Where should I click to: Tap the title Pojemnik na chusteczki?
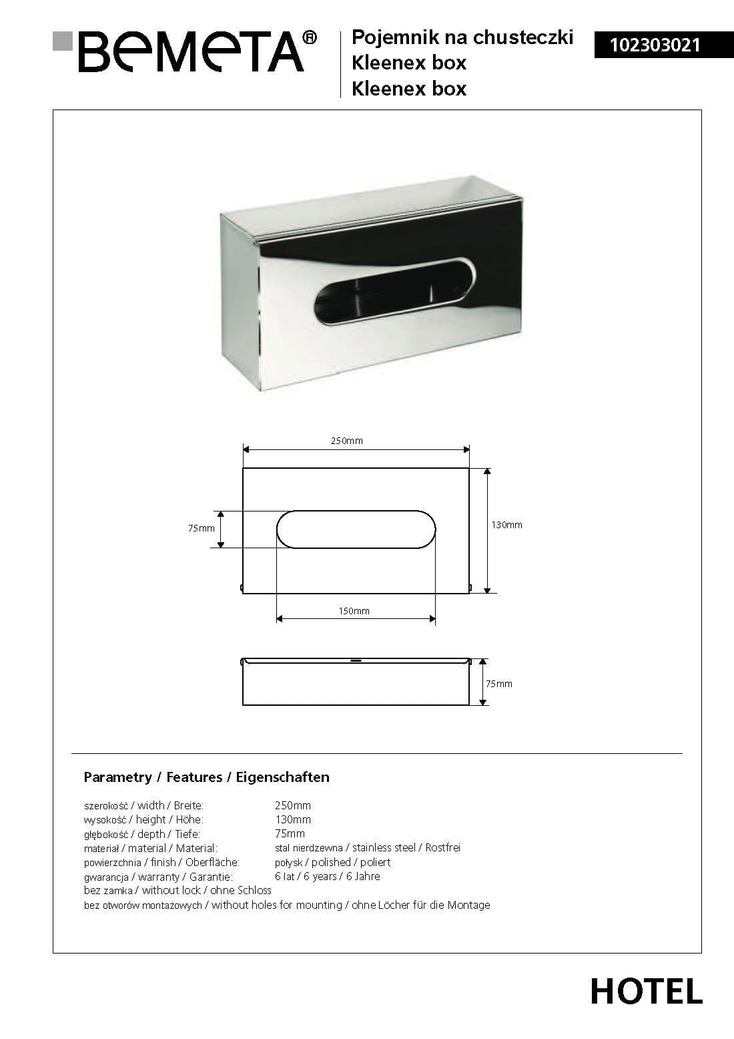[462, 37]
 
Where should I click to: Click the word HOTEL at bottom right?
[646, 992]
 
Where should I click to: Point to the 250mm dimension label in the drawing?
[347, 441]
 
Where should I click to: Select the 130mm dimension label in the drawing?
[507, 525]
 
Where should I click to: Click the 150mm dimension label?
[354, 611]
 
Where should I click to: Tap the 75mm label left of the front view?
[202, 528]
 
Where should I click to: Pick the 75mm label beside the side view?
[499, 684]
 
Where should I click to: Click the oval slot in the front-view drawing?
[356, 530]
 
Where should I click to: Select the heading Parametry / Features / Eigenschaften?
[206, 777]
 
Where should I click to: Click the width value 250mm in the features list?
[293, 805]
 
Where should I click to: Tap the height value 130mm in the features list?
[293, 819]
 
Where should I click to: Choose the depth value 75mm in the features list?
[290, 833]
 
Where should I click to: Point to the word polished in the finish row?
[331, 862]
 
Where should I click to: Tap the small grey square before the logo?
[63, 41]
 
